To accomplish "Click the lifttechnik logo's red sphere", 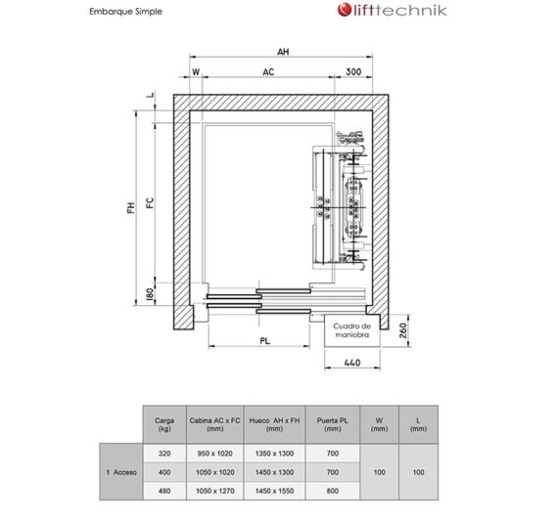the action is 344,10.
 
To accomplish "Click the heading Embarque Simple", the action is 125,12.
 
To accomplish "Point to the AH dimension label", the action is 283,52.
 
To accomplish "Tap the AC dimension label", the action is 268,72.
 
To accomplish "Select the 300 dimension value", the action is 353,71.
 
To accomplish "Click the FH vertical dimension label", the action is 131,207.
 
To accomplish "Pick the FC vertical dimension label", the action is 150,202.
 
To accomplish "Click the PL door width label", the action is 265,341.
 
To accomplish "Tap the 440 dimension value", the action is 352,363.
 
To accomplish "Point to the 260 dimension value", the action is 403,330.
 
